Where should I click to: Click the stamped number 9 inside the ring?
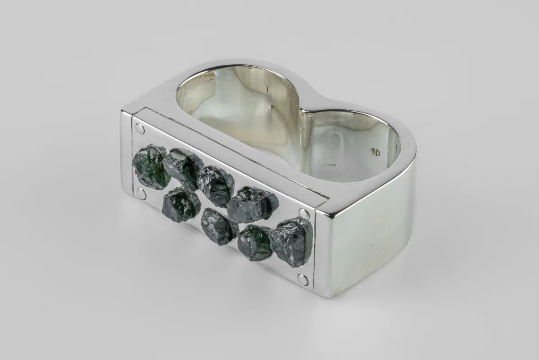point(272,108)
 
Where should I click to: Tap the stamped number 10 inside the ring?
point(376,153)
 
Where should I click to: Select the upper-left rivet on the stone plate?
point(140,129)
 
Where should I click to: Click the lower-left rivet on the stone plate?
point(141,194)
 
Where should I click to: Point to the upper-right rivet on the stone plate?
point(304,214)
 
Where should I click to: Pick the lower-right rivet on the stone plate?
point(303,280)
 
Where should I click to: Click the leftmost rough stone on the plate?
point(151,166)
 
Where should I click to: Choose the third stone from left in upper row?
point(216,184)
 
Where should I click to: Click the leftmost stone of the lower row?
point(181,204)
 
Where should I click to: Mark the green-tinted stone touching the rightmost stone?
point(255,243)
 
